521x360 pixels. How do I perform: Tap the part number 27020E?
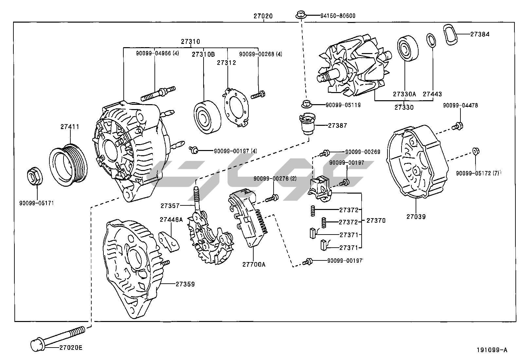[x=71, y=348]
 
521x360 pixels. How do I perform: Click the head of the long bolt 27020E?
[x=36, y=345]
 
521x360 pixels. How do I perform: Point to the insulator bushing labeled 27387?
[x=307, y=124]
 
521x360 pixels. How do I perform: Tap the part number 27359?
[x=185, y=284]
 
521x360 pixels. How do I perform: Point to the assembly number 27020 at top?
[x=263, y=16]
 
